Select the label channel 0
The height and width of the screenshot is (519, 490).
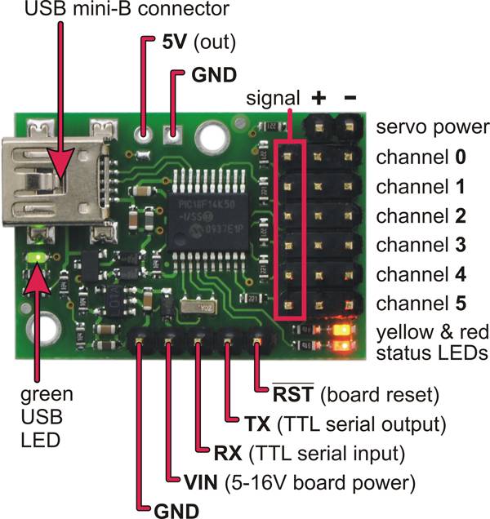tap(421, 156)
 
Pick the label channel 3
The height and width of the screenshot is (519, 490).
tap(421, 244)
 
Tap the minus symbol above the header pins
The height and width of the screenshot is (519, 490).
tap(350, 98)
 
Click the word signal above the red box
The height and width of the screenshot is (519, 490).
tap(276, 99)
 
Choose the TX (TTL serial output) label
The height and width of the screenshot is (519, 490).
tap(344, 424)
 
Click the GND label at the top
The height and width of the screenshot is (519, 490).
tap(213, 73)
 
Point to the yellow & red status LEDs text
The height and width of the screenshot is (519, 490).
tap(430, 342)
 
